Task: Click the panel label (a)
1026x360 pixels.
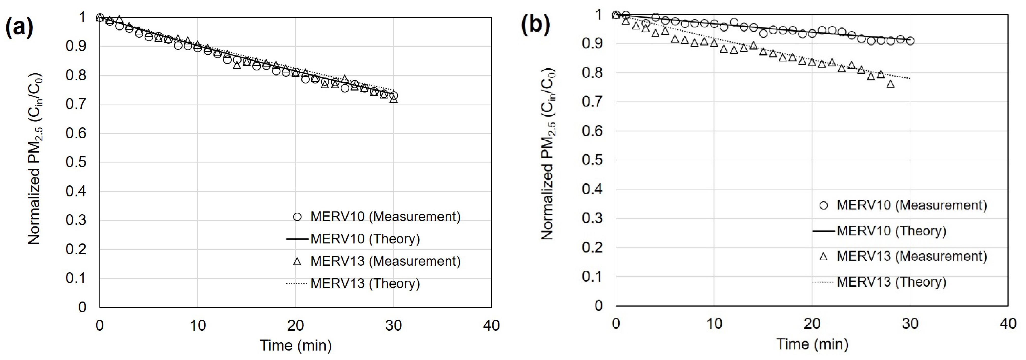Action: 19,27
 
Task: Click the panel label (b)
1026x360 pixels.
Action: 535,25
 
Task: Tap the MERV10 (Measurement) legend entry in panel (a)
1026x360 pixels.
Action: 376,217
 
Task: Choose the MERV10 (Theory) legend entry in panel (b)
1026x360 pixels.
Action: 879,231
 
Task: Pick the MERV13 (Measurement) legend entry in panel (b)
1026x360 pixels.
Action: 903,256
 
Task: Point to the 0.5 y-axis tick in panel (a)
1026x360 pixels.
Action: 76,162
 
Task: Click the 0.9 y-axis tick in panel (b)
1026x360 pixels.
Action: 592,43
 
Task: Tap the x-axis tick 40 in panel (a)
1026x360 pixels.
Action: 491,326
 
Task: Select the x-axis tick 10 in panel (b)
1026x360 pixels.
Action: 714,324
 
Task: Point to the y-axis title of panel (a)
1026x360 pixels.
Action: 35,158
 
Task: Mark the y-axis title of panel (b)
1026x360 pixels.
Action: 548,155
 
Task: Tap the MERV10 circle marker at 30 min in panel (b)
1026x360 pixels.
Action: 910,41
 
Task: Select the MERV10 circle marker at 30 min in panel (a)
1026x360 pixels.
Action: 394,95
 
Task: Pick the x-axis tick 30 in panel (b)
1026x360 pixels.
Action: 910,324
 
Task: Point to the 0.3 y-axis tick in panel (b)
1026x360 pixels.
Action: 592,218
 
